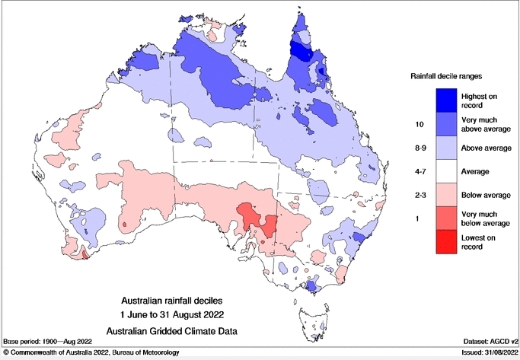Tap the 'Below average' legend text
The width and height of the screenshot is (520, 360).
tap(486, 196)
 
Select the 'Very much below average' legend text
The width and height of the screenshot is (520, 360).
tap(486, 219)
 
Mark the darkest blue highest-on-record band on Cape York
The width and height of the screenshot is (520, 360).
tap(303, 53)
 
